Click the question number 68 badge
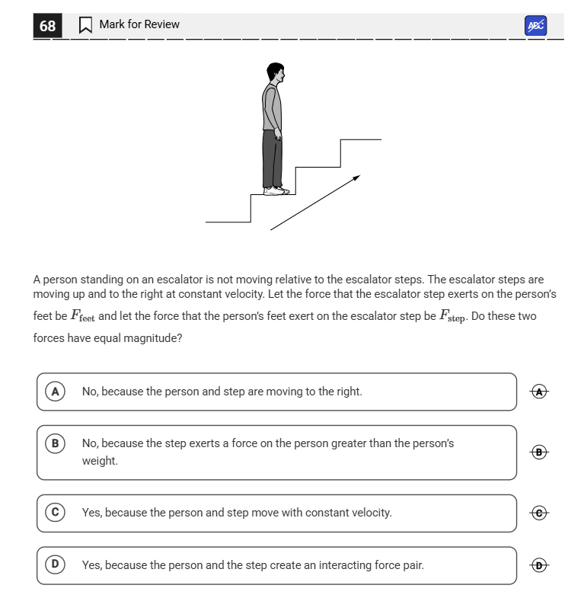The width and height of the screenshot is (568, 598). (x=47, y=26)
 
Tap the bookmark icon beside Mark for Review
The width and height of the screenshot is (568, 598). (x=85, y=25)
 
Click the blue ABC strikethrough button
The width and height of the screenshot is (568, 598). (x=536, y=25)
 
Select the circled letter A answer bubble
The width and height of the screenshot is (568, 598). (x=54, y=392)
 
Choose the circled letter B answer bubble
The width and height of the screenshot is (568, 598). (x=54, y=443)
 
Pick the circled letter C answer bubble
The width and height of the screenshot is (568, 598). (x=54, y=513)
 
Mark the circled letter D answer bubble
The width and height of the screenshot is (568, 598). (x=54, y=564)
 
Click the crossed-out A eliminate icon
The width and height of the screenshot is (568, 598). (x=540, y=392)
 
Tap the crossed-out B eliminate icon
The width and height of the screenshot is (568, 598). (x=540, y=452)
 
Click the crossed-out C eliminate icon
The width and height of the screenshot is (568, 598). (x=540, y=513)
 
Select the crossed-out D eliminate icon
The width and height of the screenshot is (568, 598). (x=540, y=565)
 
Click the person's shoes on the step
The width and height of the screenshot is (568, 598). (x=276, y=191)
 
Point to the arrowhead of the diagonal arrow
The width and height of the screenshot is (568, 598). (x=356, y=178)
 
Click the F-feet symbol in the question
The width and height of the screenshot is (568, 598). (x=83, y=316)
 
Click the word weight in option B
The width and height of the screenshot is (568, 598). (x=100, y=461)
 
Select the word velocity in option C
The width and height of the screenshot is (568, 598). (x=369, y=513)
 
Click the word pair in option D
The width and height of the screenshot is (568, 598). (x=410, y=565)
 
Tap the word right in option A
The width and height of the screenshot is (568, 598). (x=346, y=392)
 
